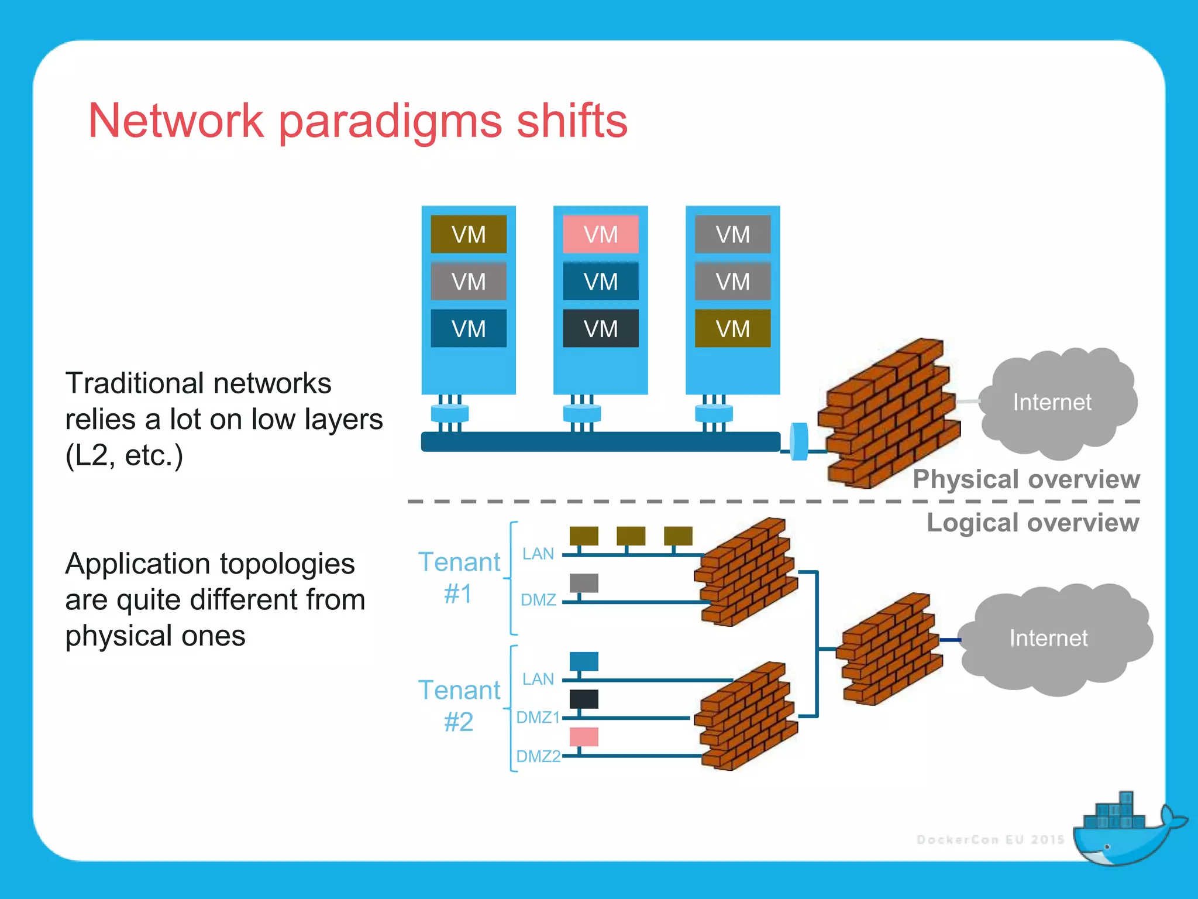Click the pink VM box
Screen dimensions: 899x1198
(x=600, y=234)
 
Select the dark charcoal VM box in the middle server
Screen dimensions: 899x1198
(x=600, y=328)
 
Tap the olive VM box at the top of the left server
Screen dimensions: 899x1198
(x=469, y=234)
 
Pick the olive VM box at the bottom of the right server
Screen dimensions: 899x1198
(x=732, y=328)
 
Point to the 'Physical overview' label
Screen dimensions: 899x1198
(x=1026, y=479)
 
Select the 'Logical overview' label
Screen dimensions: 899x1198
(x=1032, y=522)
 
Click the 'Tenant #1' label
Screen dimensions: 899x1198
(x=459, y=577)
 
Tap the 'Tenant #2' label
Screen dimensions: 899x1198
(x=459, y=705)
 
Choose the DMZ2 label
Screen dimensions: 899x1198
(x=538, y=756)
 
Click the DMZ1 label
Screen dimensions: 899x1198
(x=538, y=717)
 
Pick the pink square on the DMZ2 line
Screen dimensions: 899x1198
(x=584, y=736)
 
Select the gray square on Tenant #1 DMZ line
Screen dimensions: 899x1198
(x=584, y=582)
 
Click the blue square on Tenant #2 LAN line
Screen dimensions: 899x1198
(x=584, y=661)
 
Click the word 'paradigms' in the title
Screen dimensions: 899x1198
(x=390, y=122)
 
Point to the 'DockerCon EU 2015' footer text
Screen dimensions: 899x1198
(x=990, y=839)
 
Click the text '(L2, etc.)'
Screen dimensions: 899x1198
(x=124, y=455)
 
